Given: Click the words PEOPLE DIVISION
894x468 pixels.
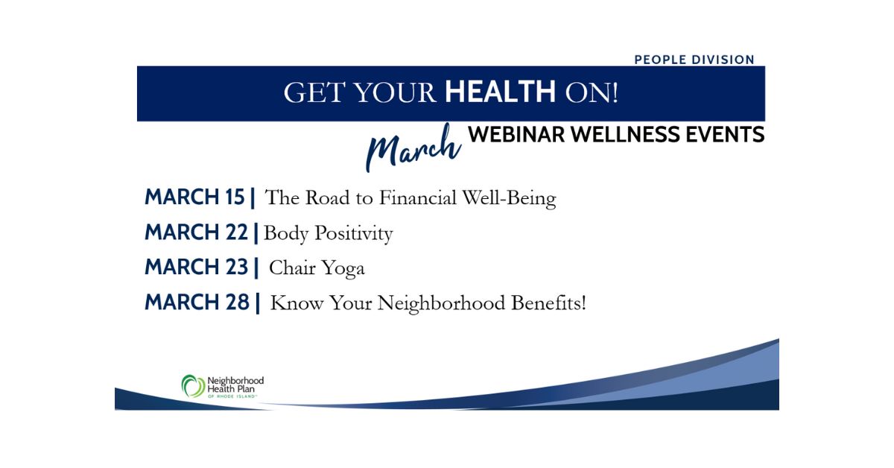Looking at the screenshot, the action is click(694, 60).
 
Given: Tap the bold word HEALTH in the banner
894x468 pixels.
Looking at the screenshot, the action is click(500, 92).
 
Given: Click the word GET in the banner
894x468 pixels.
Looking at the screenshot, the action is click(314, 92).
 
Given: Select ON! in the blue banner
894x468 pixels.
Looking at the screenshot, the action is click(592, 92).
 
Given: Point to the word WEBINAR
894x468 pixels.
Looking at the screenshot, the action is click(517, 134).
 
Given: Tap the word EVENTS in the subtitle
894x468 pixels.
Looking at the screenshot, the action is click(725, 134).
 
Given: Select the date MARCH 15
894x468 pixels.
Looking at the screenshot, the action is click(194, 197).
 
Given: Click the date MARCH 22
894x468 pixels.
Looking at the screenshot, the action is click(197, 232).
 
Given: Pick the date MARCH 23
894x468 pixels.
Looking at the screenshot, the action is click(197, 267).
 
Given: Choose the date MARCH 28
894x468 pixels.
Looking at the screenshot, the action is click(197, 302).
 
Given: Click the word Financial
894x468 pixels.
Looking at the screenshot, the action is click(417, 197).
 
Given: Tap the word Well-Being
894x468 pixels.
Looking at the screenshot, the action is click(509, 198).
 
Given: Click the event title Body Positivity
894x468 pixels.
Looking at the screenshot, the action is click(328, 233).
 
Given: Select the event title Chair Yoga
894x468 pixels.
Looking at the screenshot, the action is click(317, 268).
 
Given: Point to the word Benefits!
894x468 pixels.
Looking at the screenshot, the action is click(549, 303).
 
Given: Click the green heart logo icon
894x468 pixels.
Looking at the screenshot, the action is click(193, 386).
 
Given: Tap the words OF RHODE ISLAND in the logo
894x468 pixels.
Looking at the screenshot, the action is click(232, 396).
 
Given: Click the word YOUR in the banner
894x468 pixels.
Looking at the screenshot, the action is click(395, 92).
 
